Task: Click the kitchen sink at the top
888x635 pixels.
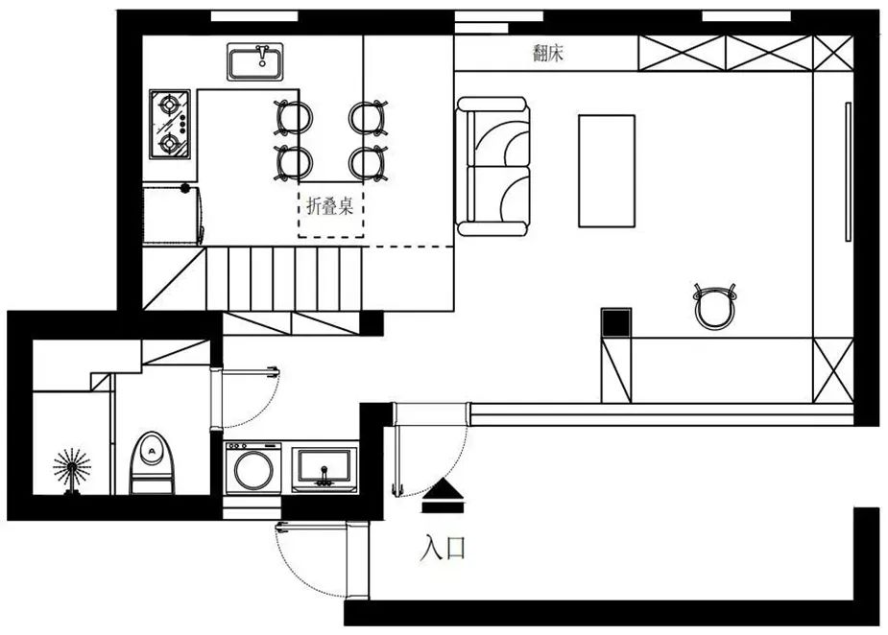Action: [255, 61]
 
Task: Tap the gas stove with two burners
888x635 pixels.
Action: [170, 124]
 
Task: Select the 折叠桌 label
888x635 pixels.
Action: [329, 206]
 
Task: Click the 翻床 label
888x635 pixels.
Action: [547, 53]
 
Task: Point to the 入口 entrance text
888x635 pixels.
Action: [443, 548]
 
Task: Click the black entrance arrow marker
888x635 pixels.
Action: [443, 495]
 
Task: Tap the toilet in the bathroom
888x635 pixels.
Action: [152, 463]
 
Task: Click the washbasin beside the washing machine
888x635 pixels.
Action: [324, 469]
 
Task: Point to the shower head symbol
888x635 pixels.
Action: [72, 470]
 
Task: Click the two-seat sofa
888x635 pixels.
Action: [493, 166]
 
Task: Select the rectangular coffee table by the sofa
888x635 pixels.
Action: [607, 171]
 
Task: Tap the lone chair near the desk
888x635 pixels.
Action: [714, 306]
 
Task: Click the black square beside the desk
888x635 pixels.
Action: [616, 323]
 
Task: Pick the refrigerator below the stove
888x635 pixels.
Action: [173, 214]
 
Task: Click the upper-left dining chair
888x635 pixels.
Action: [293, 118]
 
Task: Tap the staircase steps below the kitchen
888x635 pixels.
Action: [283, 278]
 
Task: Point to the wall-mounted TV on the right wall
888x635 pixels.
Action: [848, 172]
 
